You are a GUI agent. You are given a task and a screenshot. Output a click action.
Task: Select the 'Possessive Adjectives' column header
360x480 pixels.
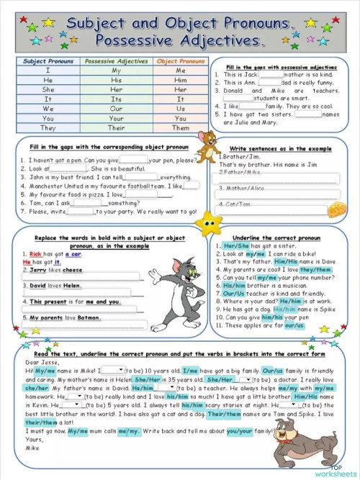(116, 61)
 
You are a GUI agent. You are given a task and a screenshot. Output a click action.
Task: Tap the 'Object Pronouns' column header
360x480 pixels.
(181, 61)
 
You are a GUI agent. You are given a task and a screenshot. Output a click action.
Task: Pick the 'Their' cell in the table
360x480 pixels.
(116, 127)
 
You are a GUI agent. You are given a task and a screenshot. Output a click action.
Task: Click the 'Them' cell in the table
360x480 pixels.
(181, 127)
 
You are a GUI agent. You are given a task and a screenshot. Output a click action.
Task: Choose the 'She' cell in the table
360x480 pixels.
(48, 90)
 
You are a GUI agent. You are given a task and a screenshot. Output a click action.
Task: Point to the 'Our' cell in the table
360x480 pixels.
(116, 109)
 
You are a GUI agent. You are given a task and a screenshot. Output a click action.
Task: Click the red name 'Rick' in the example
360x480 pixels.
(36, 254)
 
